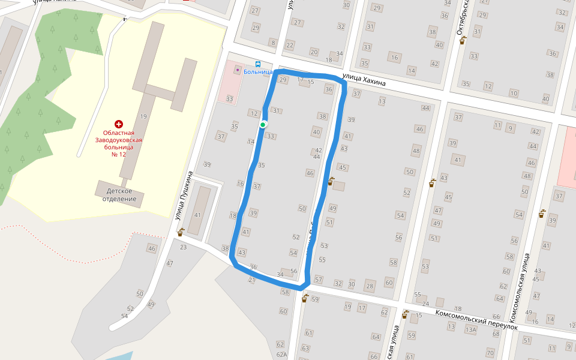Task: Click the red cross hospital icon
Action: click(119, 123)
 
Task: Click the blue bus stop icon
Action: click(258, 64)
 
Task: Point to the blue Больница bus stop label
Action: click(258, 72)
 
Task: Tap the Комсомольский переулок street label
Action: click(468, 320)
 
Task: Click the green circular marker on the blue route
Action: click(263, 124)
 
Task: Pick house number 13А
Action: click(471, 329)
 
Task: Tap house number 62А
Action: click(282, 354)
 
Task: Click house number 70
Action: click(490, 353)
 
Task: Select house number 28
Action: click(370, 286)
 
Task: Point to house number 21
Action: click(252, 280)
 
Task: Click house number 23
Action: click(183, 247)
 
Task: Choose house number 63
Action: click(305, 348)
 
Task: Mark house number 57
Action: click(319, 280)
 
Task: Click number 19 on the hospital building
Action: click(143, 116)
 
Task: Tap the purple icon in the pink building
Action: click(238, 70)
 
